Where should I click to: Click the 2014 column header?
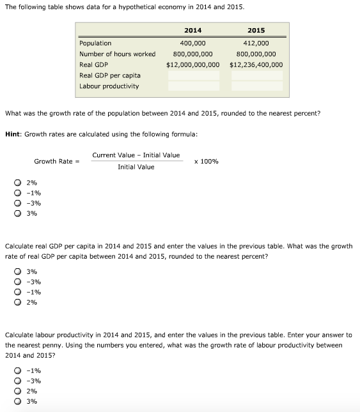pos(192,31)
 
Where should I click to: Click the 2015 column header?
pos(256,31)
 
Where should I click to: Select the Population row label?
pos(95,43)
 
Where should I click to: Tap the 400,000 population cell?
pos(192,43)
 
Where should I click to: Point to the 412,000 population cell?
pos(256,43)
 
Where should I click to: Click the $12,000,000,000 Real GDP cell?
pos(192,65)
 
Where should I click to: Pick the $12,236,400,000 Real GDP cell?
pos(256,65)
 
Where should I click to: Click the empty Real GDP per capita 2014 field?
pos(193,75)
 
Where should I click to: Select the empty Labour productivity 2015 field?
pos(256,86)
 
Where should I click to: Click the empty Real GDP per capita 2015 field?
pos(256,75)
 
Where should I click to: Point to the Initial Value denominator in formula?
pos(136,167)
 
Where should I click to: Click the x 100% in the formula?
pos(206,161)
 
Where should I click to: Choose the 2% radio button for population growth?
pos(19,183)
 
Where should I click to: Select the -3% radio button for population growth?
pos(19,203)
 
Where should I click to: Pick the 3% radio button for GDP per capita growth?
pos(19,271)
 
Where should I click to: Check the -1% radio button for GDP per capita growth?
pos(19,292)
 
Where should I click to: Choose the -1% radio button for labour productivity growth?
pos(19,370)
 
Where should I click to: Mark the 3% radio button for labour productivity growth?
pos(19,401)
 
